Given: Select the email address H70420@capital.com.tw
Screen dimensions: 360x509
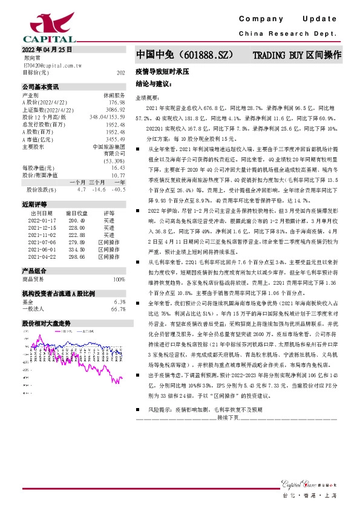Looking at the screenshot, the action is pyautogui.click(x=48, y=64).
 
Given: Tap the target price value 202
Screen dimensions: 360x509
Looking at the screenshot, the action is pyautogui.click(x=120, y=72).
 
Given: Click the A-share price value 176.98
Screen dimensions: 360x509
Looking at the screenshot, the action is pyautogui.click(x=117, y=102).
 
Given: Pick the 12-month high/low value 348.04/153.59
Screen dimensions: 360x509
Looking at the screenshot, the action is pyautogui.click(x=107, y=116).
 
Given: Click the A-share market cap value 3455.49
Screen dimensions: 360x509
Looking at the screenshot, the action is pyautogui.click(x=115, y=139).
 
